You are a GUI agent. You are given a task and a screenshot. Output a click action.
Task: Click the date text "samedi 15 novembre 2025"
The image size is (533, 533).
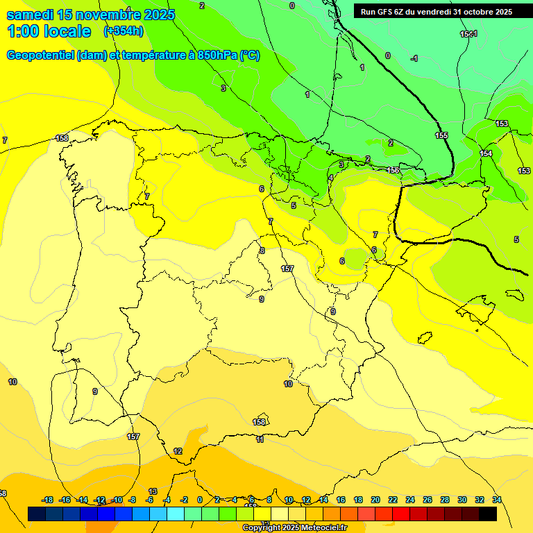pos(90,15)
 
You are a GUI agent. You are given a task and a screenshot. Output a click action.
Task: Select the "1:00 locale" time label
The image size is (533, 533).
pos(49,31)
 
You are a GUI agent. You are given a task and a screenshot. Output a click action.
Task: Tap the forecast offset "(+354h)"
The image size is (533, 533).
pos(124,31)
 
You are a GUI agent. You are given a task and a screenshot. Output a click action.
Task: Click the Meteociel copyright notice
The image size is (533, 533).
pos(294,528)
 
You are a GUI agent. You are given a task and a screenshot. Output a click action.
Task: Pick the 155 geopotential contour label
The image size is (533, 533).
pos(441,135)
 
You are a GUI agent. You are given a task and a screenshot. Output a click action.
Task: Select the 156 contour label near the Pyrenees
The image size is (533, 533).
pos(393,170)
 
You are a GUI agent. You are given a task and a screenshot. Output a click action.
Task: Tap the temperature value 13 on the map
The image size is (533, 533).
pos(153,491)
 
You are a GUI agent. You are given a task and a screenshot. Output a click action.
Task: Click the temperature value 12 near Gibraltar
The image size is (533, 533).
pos(178,451)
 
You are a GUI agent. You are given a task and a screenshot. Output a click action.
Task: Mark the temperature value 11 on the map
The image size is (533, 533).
pos(260,439)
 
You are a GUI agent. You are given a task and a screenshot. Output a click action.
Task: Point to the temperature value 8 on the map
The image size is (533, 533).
pos(262,251)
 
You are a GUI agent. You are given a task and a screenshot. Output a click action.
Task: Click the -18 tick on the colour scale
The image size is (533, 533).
pos(48,500)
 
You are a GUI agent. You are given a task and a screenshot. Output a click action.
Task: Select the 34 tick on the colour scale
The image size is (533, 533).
pos(497,500)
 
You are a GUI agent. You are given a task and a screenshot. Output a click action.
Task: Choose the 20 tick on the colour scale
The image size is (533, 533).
pos(375,500)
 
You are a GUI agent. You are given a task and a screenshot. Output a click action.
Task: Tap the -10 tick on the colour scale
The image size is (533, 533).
pos(117,500)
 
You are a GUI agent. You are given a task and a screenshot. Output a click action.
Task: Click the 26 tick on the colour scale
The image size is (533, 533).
pos(428,500)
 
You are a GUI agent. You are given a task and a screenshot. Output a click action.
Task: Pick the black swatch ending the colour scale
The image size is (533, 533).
pos(488,514)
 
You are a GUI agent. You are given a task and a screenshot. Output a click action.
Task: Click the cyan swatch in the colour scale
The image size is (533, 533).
pos(176,514)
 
